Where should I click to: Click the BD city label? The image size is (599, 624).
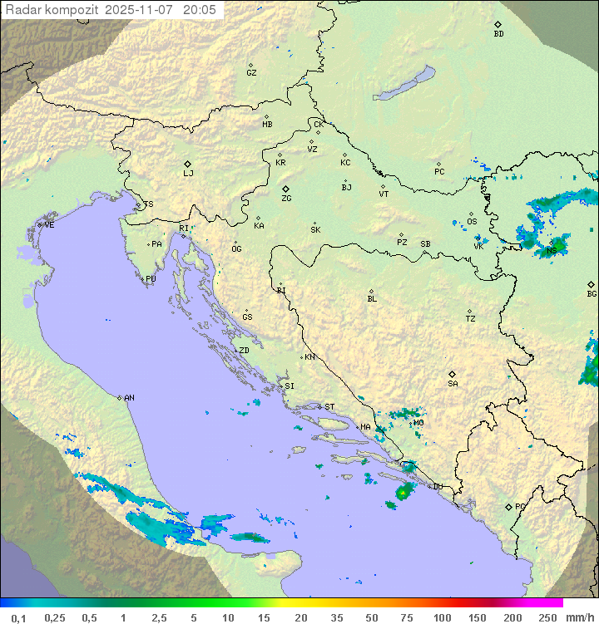tap(498, 34)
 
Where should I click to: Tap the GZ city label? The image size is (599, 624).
tap(251, 73)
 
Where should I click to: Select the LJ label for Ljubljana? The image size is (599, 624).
tap(188, 174)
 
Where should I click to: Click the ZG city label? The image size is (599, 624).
tap(286, 199)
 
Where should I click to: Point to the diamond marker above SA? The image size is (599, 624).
tap(453, 374)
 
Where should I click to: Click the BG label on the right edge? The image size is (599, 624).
tap(592, 294)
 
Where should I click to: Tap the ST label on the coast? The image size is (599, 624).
tap(329, 407)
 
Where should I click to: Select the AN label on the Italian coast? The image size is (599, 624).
tap(129, 398)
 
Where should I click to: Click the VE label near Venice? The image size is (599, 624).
tap(49, 225)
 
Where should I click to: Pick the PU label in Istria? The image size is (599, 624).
tap(151, 279)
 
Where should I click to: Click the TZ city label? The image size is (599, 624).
tap(471, 319)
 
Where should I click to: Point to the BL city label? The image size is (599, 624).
tap(372, 299)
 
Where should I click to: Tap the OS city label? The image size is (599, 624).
tap(472, 222)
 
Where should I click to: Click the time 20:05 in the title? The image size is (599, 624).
tap(200, 10)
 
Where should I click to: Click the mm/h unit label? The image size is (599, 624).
tap(579, 617)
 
